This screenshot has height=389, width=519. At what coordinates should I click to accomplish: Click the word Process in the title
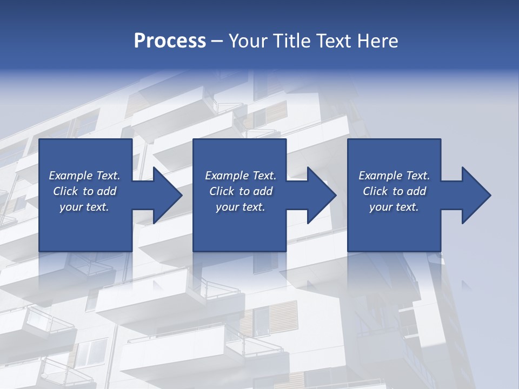170,41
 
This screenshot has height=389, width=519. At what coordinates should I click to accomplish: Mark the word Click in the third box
376,191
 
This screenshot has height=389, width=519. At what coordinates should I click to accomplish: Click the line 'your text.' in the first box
84,207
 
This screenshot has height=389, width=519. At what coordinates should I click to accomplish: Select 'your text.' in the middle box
240,207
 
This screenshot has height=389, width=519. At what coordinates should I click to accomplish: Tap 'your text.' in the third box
394,207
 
